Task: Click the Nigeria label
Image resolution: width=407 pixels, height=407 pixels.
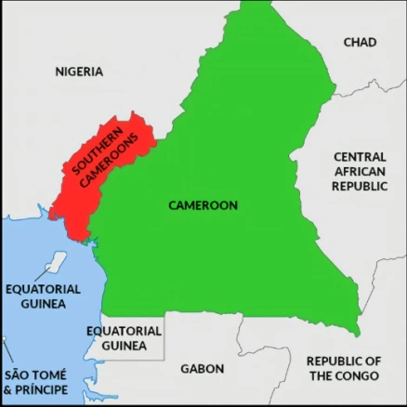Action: pyautogui.click(x=79, y=71)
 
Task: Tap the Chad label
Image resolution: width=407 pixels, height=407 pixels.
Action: pyautogui.click(x=360, y=42)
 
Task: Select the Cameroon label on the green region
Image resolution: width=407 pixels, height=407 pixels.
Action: pyautogui.click(x=203, y=204)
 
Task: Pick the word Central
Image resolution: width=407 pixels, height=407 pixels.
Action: pyautogui.click(x=360, y=157)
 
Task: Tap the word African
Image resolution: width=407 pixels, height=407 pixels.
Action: pyautogui.click(x=360, y=172)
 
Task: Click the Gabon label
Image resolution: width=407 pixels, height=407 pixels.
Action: pyautogui.click(x=202, y=368)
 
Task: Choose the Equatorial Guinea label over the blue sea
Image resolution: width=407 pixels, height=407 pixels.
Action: pyautogui.click(x=43, y=296)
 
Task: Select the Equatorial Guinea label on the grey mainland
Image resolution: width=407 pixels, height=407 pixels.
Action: pyautogui.click(x=124, y=338)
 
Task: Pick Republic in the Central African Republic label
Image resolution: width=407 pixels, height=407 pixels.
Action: pyautogui.click(x=360, y=186)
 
